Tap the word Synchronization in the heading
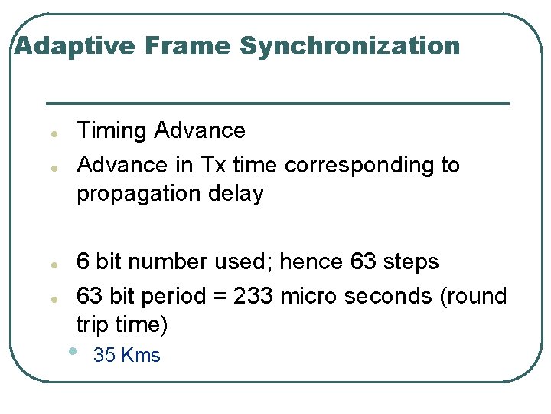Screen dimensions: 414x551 coord(350,47)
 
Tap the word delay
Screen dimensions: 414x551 coord(239,193)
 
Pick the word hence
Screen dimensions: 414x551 coord(312,261)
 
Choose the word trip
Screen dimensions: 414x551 coord(93,325)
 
